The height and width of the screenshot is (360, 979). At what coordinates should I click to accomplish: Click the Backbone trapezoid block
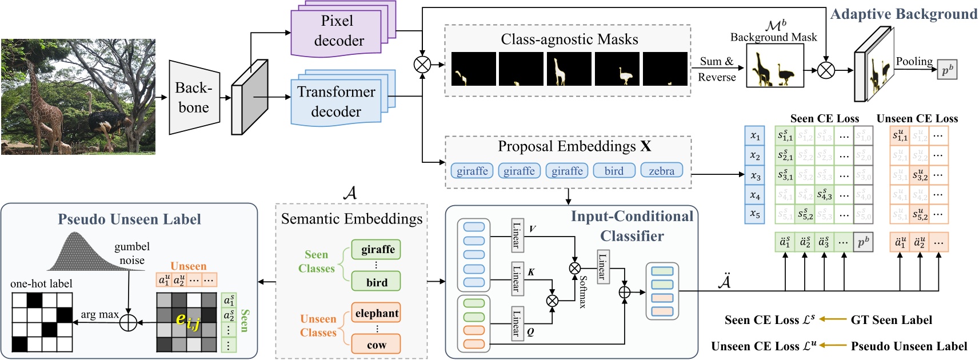pyautogui.click(x=194, y=98)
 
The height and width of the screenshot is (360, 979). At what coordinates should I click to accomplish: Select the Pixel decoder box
pyautogui.click(x=337, y=31)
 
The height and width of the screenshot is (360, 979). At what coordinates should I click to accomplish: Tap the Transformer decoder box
pyautogui.click(x=335, y=102)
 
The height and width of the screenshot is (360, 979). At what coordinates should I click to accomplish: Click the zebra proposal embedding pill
pyautogui.click(x=661, y=171)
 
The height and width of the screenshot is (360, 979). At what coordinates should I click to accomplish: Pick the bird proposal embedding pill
pyautogui.click(x=614, y=171)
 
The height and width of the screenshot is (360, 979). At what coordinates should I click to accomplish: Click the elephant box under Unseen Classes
pyautogui.click(x=376, y=313)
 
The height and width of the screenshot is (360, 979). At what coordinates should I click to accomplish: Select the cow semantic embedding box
pyautogui.click(x=376, y=345)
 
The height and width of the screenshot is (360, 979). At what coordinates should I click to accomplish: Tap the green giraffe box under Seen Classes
pyautogui.click(x=377, y=249)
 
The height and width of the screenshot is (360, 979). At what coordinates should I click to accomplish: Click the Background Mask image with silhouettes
pyautogui.click(x=774, y=66)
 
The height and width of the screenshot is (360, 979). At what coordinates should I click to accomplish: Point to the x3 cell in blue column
pyautogui.click(x=755, y=175)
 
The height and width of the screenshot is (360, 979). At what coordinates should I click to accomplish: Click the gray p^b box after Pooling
pyautogui.click(x=947, y=70)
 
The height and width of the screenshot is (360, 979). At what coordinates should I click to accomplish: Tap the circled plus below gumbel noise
pyautogui.click(x=128, y=322)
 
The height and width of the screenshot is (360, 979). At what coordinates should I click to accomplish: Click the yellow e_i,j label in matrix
pyautogui.click(x=187, y=321)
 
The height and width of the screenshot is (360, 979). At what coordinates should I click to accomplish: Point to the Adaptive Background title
pyautogui.click(x=903, y=14)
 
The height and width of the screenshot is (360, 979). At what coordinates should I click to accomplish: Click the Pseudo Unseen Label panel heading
pyautogui.click(x=129, y=219)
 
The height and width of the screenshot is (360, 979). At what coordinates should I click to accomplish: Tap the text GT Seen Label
pyautogui.click(x=891, y=320)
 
